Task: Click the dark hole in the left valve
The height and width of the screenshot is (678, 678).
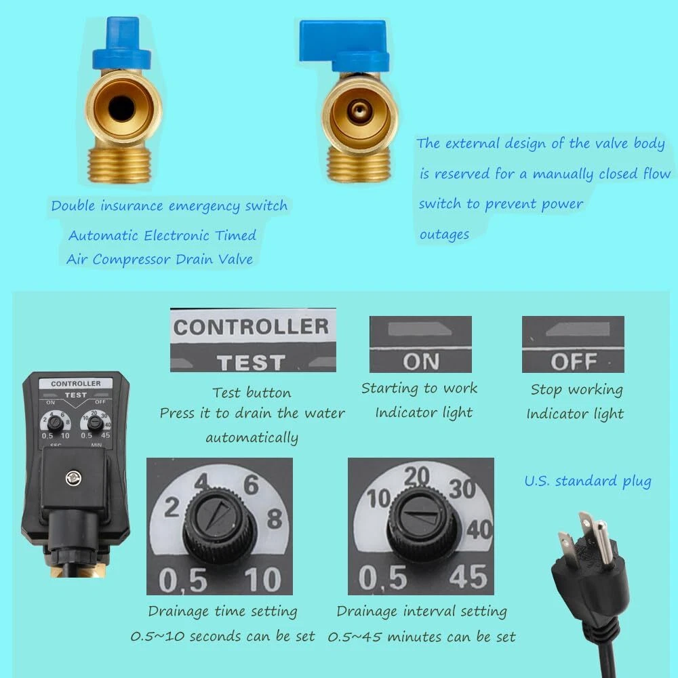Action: click(121, 108)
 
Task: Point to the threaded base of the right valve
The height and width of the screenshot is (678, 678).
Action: click(359, 163)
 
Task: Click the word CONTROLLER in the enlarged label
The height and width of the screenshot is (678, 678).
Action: click(252, 327)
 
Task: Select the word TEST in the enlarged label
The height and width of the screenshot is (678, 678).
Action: click(252, 362)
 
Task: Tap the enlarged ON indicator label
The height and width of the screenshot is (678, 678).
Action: click(421, 361)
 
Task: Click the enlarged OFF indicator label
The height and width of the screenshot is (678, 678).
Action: click(574, 361)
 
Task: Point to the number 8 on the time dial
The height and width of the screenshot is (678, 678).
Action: click(275, 519)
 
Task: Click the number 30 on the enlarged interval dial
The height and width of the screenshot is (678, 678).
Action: click(462, 489)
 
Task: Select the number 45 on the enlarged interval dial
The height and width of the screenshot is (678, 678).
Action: click(468, 577)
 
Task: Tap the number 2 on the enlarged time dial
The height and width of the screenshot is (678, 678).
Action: click(172, 507)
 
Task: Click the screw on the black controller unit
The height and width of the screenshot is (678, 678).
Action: click(74, 478)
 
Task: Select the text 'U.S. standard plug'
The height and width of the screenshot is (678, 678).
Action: click(588, 481)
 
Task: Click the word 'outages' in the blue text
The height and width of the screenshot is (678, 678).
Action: click(444, 235)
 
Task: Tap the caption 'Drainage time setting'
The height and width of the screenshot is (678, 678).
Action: click(222, 612)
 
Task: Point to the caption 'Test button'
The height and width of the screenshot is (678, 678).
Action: click(252, 393)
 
